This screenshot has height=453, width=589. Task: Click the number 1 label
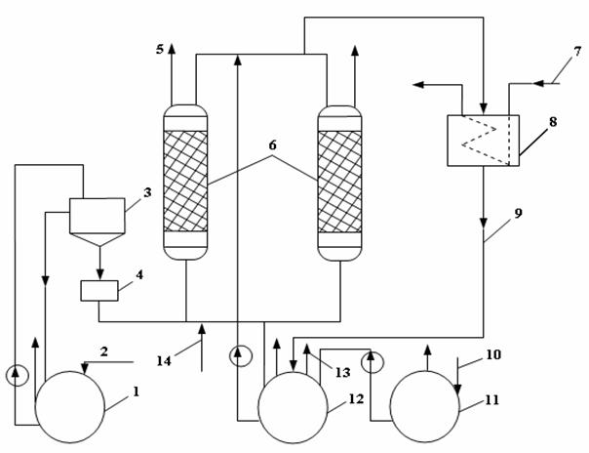136,391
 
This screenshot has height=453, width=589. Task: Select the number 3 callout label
147,192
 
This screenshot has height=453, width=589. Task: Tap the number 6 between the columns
273,144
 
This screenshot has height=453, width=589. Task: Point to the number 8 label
553,122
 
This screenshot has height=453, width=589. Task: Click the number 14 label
164,361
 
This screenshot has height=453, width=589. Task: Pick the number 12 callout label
356,399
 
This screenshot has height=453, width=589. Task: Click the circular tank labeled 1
70,407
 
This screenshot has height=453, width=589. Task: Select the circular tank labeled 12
293,408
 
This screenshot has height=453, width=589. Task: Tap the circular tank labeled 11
424,406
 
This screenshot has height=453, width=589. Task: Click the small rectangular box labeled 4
99,291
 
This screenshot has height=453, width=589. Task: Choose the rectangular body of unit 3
98,216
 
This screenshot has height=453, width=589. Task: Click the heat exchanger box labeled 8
484,141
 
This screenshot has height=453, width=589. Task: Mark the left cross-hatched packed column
185,183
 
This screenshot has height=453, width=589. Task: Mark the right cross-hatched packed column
339,184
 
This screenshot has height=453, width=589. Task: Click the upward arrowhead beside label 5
172,49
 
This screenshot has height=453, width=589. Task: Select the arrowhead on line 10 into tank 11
457,391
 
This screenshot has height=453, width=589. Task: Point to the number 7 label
577,52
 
